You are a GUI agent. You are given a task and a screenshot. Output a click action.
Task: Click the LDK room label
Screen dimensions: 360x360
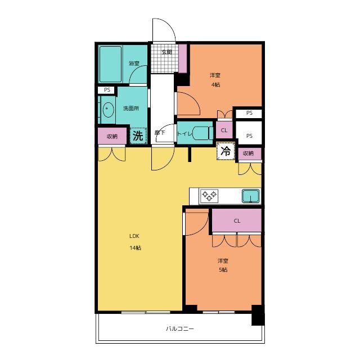click(134, 236)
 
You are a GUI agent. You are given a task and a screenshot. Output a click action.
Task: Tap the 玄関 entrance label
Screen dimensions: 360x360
click(166, 52)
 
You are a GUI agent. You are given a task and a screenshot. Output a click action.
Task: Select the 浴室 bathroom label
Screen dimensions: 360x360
click(134, 64)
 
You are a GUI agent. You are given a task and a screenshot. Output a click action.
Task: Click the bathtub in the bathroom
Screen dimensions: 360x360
click(110, 64)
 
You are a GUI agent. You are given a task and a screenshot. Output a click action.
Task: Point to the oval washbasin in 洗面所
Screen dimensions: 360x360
click(108, 110)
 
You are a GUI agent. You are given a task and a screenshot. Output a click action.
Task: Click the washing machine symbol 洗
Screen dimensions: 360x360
click(138, 136)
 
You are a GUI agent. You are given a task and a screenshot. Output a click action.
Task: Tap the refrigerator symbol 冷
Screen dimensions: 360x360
click(226, 151)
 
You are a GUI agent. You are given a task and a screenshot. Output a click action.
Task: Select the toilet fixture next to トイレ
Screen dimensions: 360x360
click(202, 134)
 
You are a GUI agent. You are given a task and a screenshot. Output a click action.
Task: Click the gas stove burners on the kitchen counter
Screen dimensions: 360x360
click(209, 196)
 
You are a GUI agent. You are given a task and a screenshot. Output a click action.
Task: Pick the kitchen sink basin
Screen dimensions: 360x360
click(251, 196)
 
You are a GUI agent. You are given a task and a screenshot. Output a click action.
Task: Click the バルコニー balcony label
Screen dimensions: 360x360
click(180, 328)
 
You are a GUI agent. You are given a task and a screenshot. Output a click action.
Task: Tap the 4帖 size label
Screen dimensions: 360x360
click(215, 85)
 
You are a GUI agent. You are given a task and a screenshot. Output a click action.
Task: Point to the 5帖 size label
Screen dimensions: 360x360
click(223, 270)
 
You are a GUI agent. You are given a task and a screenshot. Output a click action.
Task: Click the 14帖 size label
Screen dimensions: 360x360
click(135, 248)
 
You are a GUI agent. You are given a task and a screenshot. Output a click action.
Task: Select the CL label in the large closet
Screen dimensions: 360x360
click(237, 221)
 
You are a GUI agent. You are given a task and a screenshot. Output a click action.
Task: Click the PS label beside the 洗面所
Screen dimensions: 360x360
click(107, 90)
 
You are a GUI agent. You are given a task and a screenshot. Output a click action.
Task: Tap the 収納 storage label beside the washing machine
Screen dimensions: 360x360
click(112, 137)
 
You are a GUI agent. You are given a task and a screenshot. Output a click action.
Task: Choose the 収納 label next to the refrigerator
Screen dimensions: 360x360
click(248, 154)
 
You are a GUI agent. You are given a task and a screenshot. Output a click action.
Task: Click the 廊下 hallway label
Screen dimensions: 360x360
click(160, 133)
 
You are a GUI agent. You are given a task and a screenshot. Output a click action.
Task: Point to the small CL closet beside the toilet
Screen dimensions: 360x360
click(224, 130)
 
